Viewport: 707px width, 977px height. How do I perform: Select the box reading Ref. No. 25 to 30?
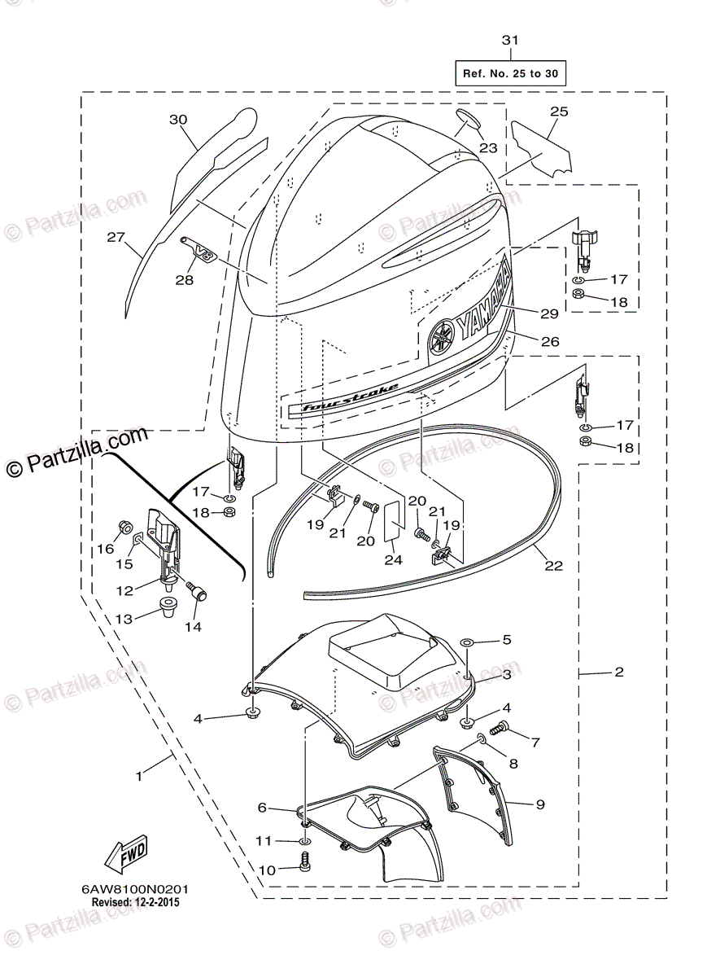click(x=510, y=74)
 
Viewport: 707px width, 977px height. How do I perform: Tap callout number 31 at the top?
click(x=509, y=40)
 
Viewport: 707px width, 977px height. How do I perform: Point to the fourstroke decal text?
click(x=349, y=397)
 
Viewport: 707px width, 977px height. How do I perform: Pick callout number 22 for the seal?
click(x=553, y=566)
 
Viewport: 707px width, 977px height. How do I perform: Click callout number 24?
click(x=394, y=559)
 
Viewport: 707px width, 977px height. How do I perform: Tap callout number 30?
click(x=177, y=120)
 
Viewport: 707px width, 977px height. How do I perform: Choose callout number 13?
click(x=124, y=619)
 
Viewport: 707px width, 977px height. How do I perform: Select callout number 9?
click(x=539, y=804)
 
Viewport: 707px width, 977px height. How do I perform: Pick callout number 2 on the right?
click(x=619, y=673)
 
